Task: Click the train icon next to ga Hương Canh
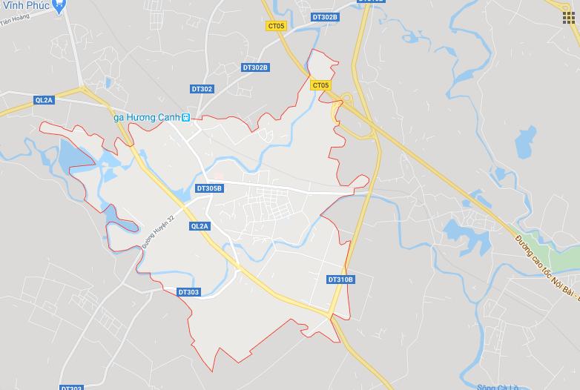point(186,117)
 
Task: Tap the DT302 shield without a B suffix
point(201,89)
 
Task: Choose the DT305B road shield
point(209,188)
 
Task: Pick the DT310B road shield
point(340,280)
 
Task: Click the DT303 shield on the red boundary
point(188,292)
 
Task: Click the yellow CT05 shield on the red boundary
point(320,85)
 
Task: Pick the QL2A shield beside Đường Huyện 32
point(200,226)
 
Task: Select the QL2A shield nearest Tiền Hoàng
point(45,99)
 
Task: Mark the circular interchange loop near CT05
point(346,99)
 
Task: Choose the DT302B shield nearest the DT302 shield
point(255,67)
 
